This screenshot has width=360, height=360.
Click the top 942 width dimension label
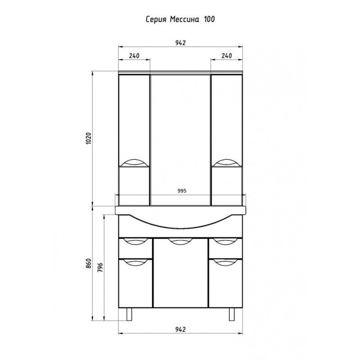pos(180,43)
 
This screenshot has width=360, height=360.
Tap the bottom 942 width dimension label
pos(180,329)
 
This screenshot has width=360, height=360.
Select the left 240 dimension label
pos(134,56)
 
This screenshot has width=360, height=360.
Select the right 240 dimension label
pos(227,56)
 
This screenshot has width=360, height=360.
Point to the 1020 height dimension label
pos(89,140)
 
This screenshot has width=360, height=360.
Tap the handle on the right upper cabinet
pos(227,162)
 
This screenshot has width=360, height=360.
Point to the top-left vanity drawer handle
pos(135,242)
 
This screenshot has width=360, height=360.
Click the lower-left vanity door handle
pos(135,262)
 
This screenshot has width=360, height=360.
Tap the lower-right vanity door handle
pos(225,262)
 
